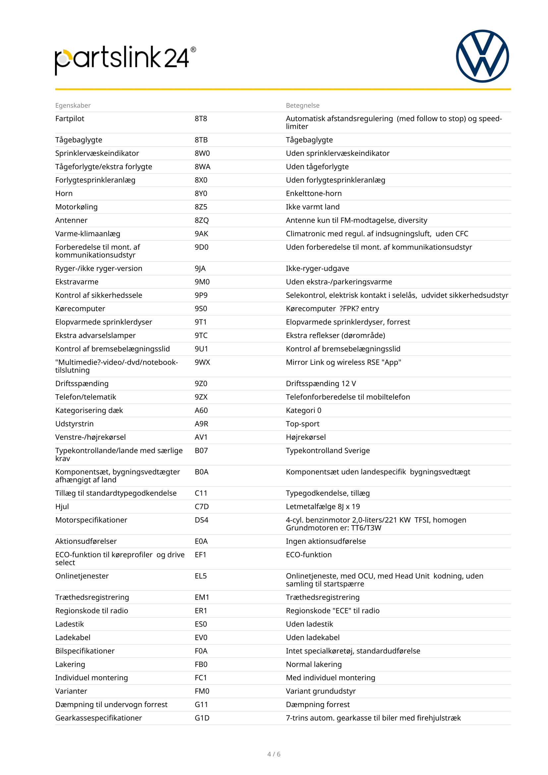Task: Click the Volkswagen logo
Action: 482,56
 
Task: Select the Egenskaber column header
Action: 73,105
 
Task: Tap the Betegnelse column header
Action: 302,105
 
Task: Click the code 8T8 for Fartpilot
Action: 201,119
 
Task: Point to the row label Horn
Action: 64,194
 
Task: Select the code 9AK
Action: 201,234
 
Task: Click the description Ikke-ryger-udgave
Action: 317,269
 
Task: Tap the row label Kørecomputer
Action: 80,309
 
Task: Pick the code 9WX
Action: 202,362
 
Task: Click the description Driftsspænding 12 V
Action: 321,384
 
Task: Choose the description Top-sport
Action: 302,424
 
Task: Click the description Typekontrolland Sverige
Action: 328,451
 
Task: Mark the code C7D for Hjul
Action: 202,507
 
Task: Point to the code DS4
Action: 201,520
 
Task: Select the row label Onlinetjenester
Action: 82,576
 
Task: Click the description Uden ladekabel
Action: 312,637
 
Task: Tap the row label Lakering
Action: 70,665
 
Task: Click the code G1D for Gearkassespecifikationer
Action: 202,718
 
